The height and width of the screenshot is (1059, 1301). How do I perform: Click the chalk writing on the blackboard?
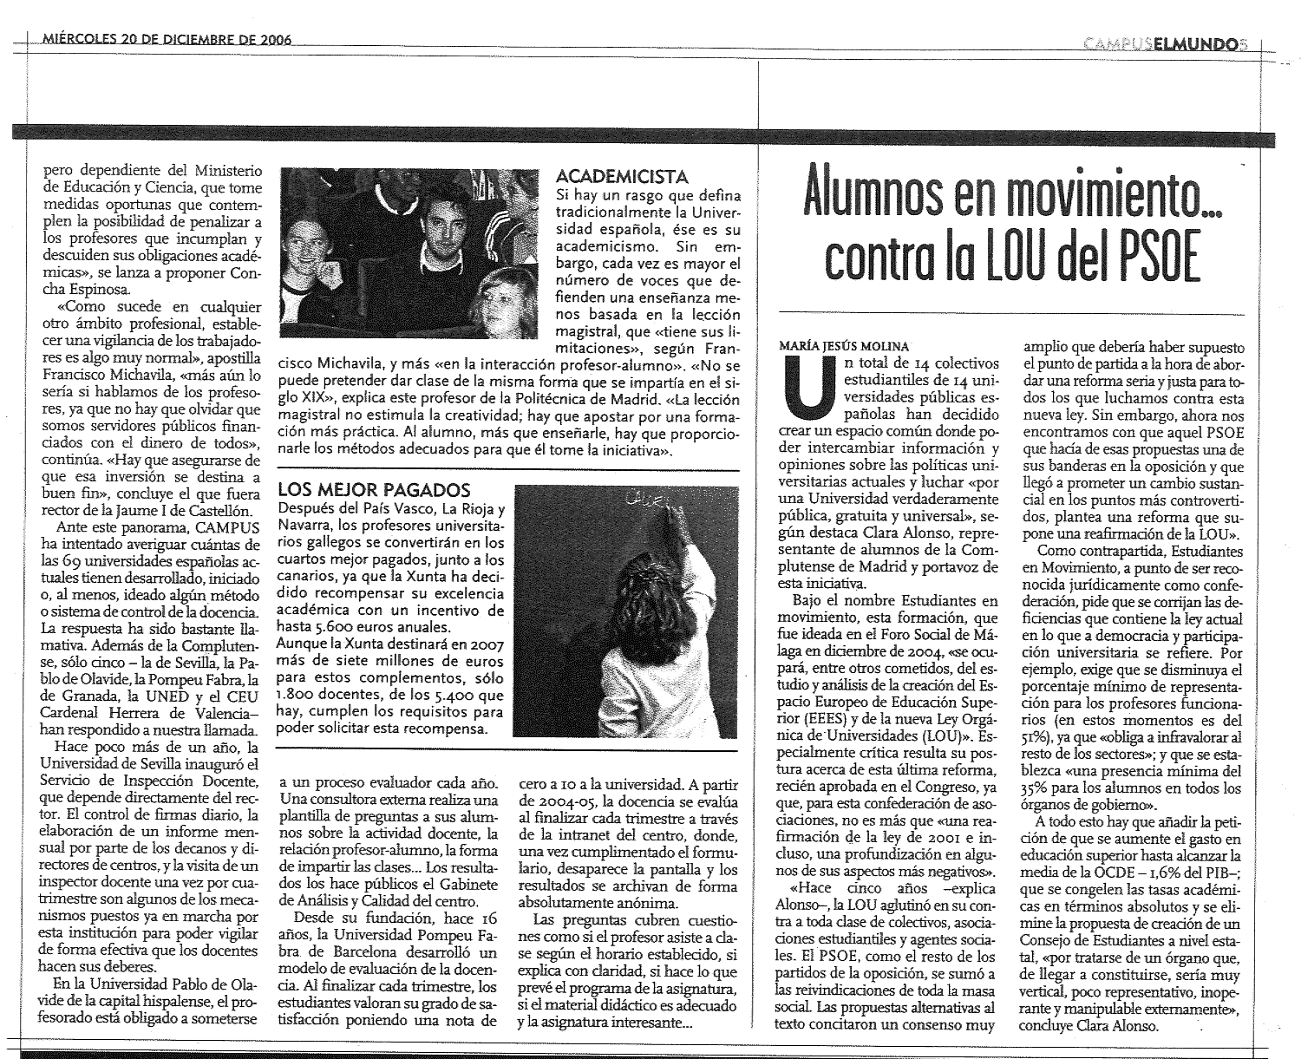tap(646, 499)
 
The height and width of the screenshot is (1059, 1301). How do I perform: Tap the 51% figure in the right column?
tap(1035, 735)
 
